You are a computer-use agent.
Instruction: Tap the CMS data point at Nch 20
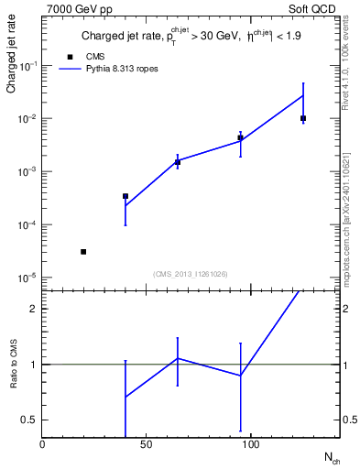click(x=83, y=252)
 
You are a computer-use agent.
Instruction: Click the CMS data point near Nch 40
click(x=125, y=196)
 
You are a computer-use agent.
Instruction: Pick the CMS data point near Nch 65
click(x=178, y=162)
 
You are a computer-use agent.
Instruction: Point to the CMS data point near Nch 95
click(x=240, y=137)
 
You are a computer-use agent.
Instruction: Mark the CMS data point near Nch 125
click(x=303, y=118)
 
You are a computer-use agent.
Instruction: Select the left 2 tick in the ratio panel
click(x=32, y=309)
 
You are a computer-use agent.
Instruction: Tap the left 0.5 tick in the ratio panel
click(x=28, y=420)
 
